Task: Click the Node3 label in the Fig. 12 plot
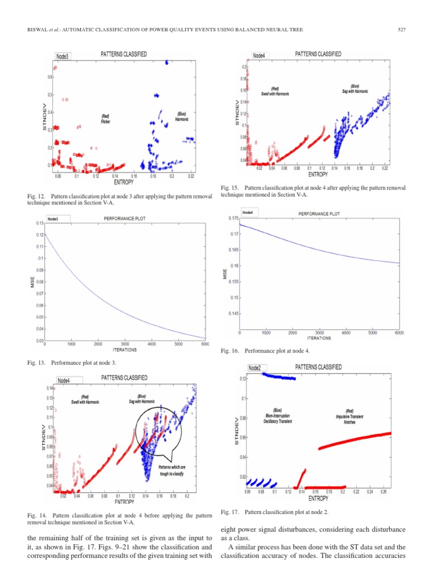(63, 56)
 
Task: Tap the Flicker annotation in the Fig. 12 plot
(105, 119)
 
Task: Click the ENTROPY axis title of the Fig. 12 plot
(123, 182)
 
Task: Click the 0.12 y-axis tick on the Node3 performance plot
(39, 235)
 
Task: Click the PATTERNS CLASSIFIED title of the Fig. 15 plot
(318, 54)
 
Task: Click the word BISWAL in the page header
(36, 30)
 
